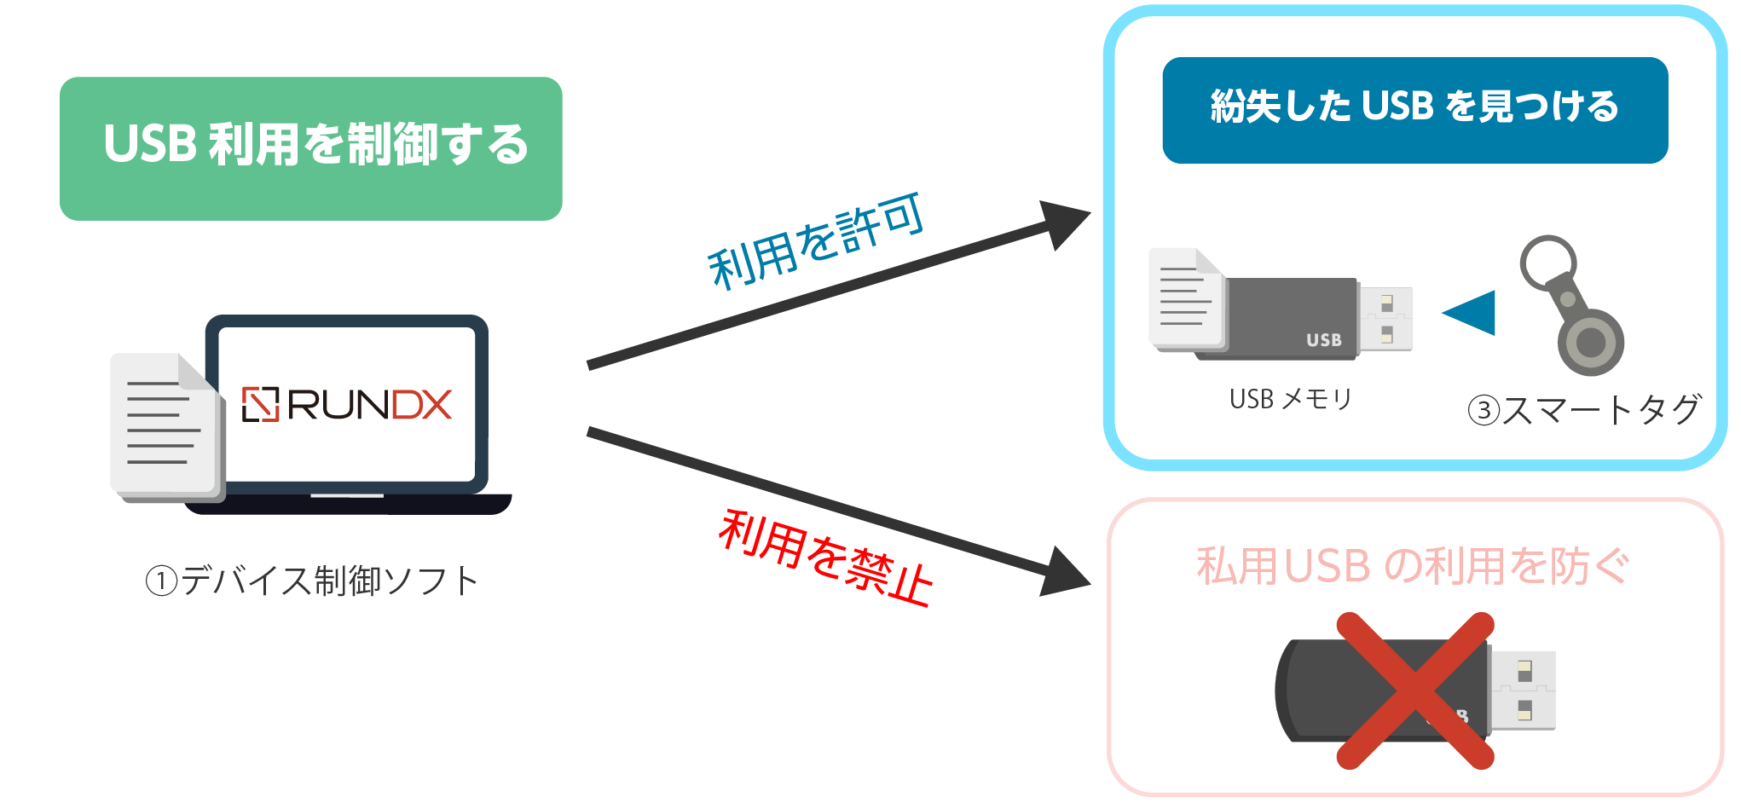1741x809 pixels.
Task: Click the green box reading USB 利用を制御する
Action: [311, 148]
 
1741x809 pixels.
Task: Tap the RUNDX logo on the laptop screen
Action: [346, 405]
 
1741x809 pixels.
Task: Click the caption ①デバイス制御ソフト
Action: [311, 581]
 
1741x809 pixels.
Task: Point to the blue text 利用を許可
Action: [816, 240]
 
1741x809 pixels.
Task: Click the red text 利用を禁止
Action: [825, 558]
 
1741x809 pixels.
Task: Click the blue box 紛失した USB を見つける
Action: [1414, 109]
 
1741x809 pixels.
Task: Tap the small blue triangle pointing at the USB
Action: [1472, 312]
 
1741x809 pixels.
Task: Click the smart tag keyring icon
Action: [1574, 307]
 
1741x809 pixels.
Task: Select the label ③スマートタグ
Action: [1584, 410]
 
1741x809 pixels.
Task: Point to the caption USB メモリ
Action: [1291, 399]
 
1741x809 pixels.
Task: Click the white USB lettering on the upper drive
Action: [1324, 339]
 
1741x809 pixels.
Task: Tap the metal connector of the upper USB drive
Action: [1385, 318]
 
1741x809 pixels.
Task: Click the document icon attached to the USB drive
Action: [1186, 298]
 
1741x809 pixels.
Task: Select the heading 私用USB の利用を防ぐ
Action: [1413, 566]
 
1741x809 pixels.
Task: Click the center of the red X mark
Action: [1414, 691]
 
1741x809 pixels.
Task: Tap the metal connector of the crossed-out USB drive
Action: [1524, 690]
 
